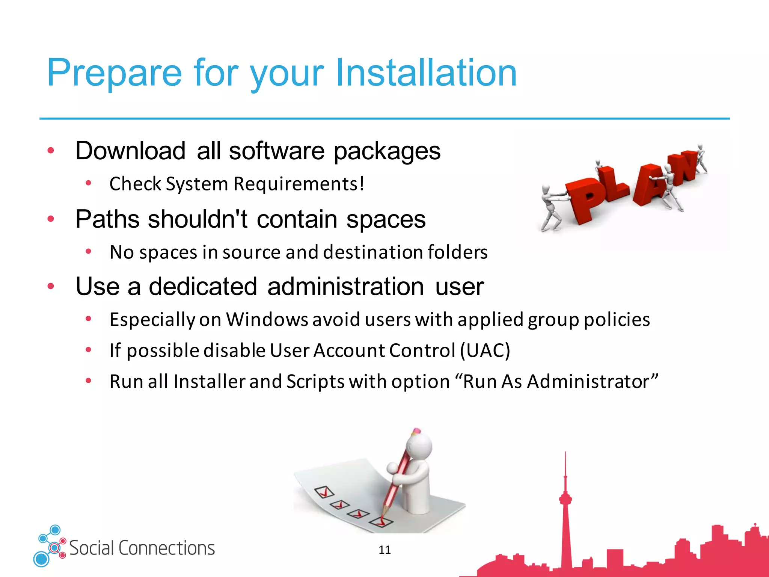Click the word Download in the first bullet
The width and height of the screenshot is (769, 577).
(x=130, y=151)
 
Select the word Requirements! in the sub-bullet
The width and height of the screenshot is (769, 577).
(x=299, y=184)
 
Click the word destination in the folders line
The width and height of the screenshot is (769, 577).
(x=373, y=252)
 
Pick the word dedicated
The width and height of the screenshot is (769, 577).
(x=203, y=287)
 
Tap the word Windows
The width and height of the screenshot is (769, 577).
(x=267, y=320)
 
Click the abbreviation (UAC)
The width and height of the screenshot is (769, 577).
(x=485, y=350)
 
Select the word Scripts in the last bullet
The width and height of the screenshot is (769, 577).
(x=315, y=382)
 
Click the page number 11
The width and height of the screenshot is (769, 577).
(x=384, y=550)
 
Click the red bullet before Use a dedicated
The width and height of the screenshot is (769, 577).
(x=51, y=287)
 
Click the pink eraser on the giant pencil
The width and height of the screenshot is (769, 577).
(x=416, y=431)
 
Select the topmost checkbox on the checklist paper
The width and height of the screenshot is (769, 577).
(x=324, y=492)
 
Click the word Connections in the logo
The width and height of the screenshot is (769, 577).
(x=167, y=548)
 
